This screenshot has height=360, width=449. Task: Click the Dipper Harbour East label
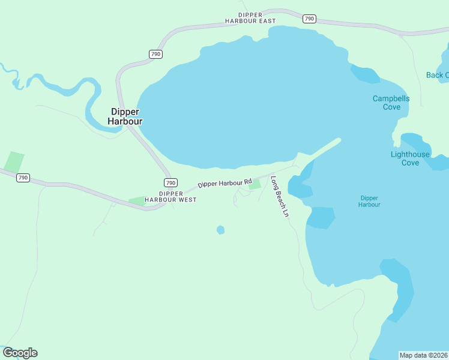(x=250, y=17)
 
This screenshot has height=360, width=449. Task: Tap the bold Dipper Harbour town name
(x=125, y=116)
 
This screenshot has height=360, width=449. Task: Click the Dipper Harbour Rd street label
(x=224, y=184)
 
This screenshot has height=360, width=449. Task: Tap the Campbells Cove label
(x=391, y=103)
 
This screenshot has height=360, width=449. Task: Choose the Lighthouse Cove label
(x=410, y=158)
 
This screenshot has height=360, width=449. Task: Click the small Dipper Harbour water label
(x=369, y=201)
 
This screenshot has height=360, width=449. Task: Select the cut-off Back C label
(x=437, y=75)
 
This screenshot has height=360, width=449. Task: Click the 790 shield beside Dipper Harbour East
(x=309, y=19)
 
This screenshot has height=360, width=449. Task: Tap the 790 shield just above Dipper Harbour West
(x=170, y=182)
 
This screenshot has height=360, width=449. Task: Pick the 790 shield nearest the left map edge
(x=23, y=178)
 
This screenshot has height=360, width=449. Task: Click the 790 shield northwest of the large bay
(x=155, y=54)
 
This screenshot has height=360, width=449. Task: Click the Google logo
(x=20, y=353)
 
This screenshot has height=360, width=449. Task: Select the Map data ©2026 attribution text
(x=423, y=355)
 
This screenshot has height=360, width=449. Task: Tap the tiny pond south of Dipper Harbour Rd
(x=220, y=230)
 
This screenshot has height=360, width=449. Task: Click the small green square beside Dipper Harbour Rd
(x=255, y=184)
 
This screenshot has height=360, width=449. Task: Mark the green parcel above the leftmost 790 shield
(x=14, y=161)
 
